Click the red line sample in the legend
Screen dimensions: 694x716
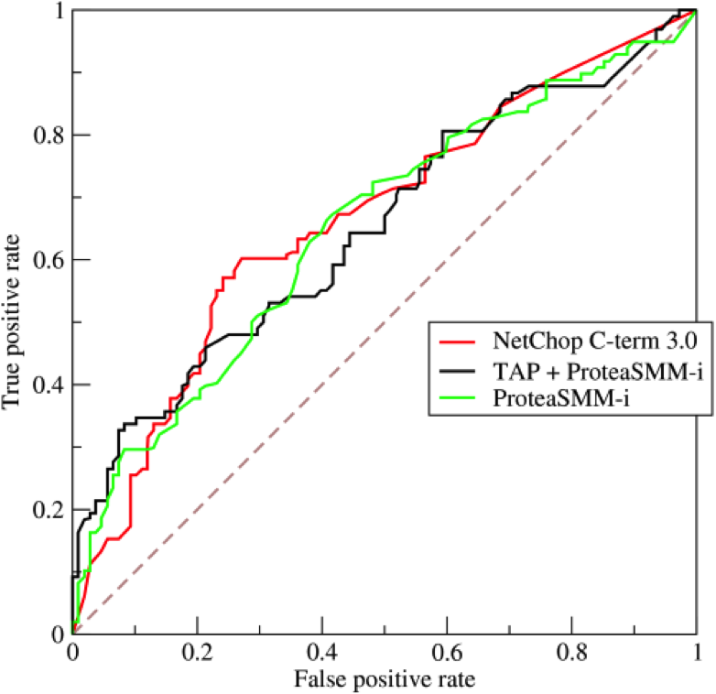(460, 343)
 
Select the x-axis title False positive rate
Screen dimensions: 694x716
(385, 679)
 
